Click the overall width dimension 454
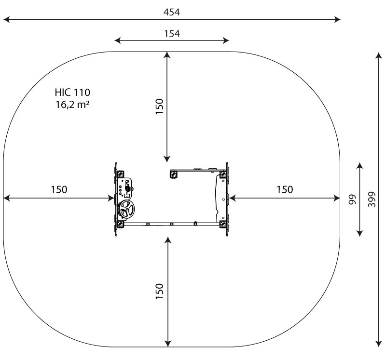coord(172,12)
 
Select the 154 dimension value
coord(172,34)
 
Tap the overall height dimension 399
coord(372,199)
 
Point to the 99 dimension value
coord(353,200)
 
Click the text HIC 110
coord(72,93)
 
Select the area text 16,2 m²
coord(72,105)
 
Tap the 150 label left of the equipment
coord(59,189)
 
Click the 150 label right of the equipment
coord(285,189)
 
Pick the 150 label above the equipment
coord(160,106)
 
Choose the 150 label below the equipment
coord(160,292)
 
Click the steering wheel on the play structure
coord(126,209)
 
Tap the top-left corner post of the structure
coord(120,174)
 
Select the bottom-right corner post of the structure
coord(223,224)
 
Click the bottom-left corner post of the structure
coord(120,224)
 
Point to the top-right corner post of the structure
coord(223,174)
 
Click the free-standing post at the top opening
coord(174,174)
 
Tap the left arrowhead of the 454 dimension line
coord(6,19)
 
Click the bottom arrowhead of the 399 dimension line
coord(379,344)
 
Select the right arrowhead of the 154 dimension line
coord(226,40)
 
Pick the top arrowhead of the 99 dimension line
coord(360,165)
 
